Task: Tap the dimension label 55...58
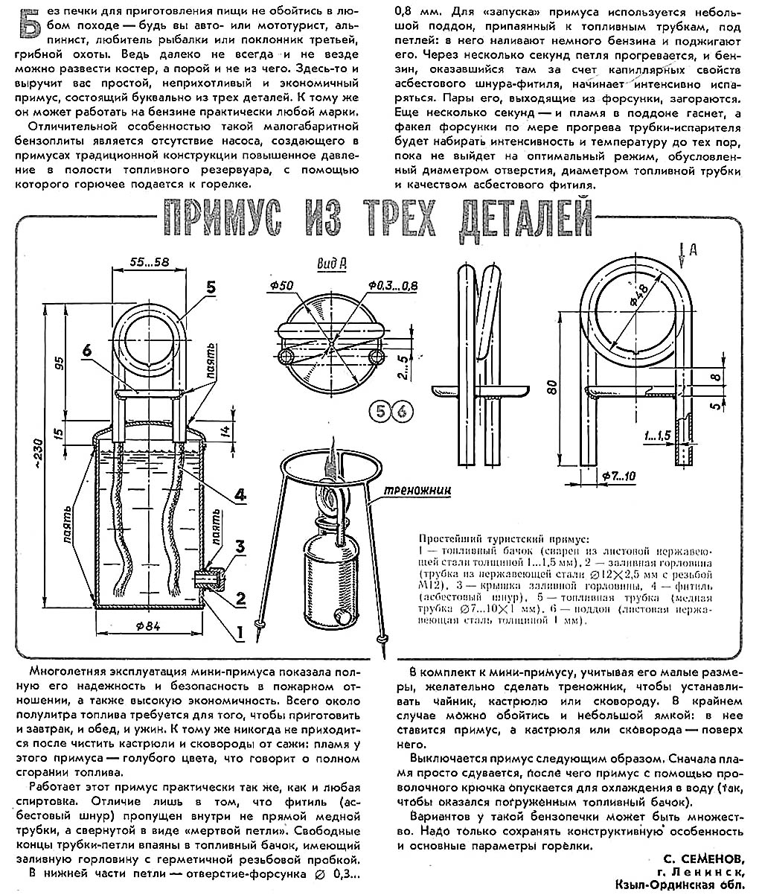[149, 262]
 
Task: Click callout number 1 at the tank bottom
[240, 633]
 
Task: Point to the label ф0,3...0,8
[393, 286]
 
